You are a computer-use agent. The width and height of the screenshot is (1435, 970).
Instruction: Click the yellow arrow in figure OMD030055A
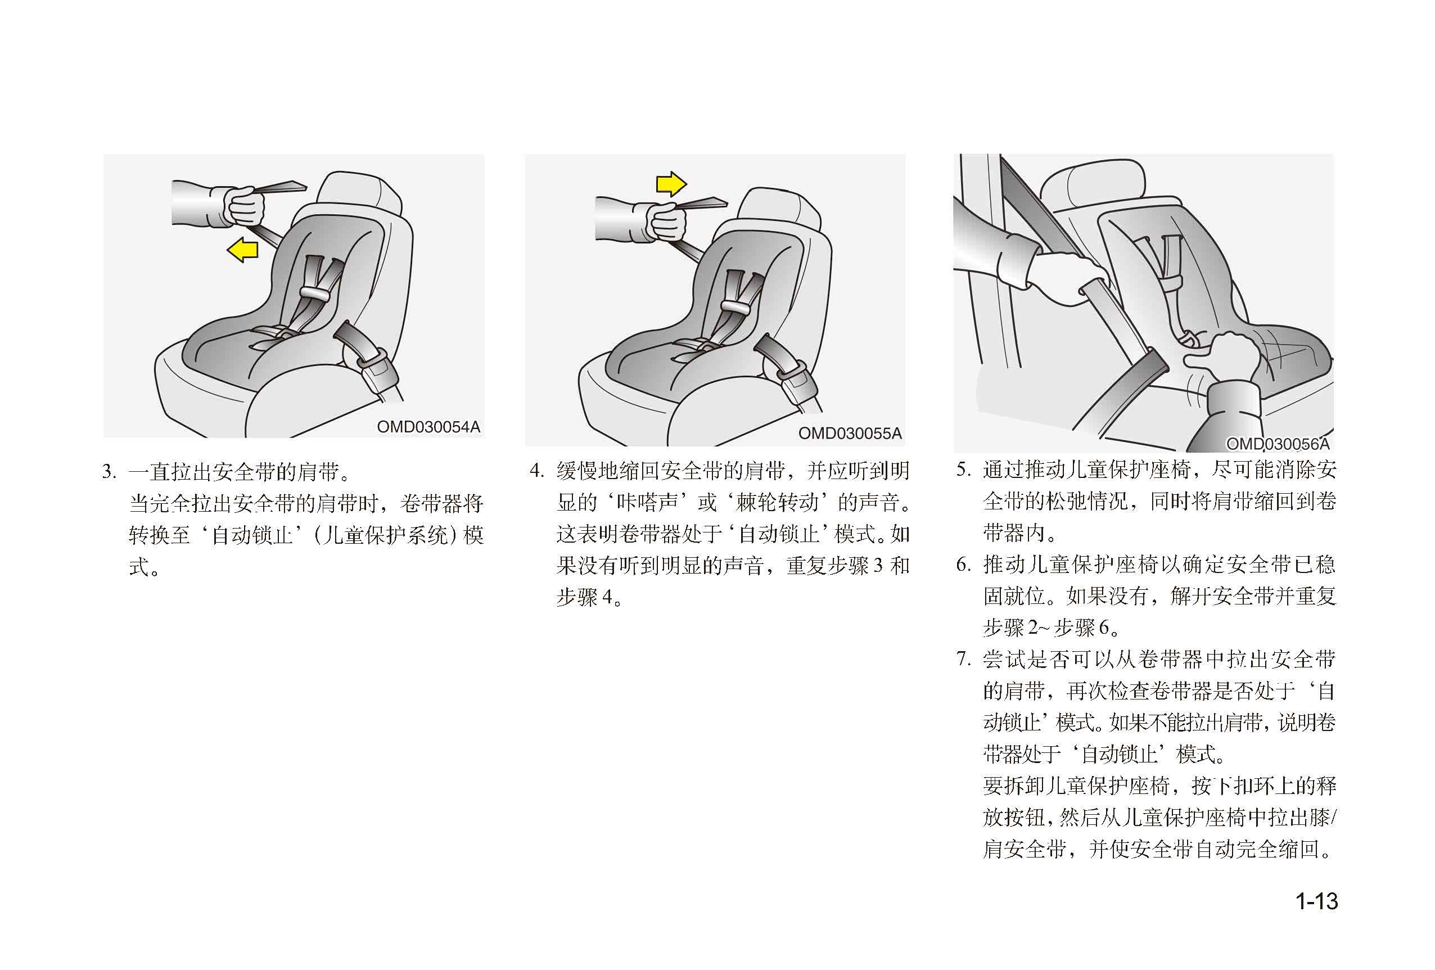point(671,184)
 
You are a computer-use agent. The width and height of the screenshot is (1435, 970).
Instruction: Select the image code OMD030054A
point(428,427)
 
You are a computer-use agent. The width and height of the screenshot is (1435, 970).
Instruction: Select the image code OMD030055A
point(850,434)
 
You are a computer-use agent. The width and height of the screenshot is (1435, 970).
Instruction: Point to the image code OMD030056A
point(1278,444)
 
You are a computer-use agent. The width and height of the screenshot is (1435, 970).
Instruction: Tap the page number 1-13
point(1316,901)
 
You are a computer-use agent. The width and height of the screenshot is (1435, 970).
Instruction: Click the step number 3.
point(109,472)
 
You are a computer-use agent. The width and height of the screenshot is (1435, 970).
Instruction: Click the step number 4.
point(536,471)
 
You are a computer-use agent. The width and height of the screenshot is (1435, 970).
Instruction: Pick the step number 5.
point(964,470)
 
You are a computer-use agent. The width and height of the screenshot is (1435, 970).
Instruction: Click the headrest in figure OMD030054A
point(360,195)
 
